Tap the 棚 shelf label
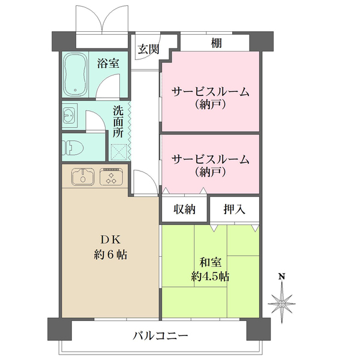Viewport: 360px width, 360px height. point(214,43)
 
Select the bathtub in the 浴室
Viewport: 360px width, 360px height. point(76,75)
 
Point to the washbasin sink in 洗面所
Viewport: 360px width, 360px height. point(69,115)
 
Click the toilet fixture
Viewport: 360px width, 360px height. point(73,146)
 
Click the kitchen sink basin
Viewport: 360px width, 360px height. point(82,176)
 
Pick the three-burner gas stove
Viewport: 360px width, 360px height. point(110,176)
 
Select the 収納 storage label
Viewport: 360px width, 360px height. point(185,209)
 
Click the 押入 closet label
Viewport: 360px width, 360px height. point(234,209)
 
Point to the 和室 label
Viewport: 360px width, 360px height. point(210,262)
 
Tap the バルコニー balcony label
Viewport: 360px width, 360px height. point(160,335)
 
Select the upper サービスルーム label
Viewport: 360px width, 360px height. point(210,92)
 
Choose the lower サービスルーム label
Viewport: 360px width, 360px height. point(210,159)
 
